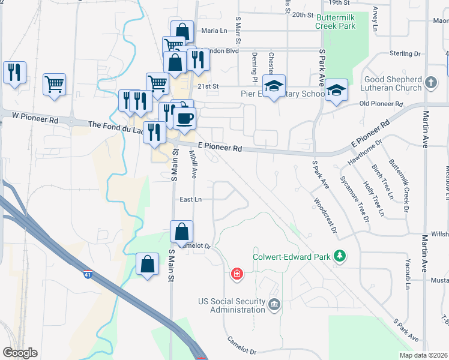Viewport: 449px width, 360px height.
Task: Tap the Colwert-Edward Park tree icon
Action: click(340, 257)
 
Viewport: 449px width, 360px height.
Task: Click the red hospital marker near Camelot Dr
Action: click(238, 274)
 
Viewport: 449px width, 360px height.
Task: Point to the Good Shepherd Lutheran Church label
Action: click(393, 83)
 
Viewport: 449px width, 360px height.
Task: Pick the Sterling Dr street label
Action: click(404, 53)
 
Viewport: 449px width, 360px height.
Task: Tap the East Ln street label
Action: click(190, 200)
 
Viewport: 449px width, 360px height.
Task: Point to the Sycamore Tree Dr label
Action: click(355, 199)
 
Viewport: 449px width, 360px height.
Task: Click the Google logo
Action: click(20, 353)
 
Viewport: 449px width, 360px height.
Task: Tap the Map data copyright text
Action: click(423, 355)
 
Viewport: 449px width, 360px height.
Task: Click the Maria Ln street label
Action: click(214, 31)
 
